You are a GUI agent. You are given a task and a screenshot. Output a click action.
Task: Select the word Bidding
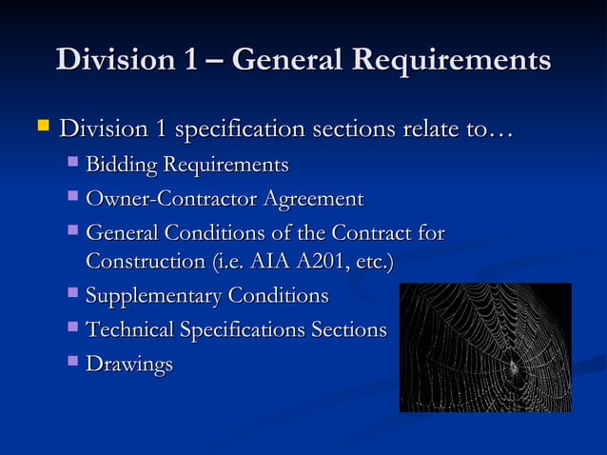point(121,166)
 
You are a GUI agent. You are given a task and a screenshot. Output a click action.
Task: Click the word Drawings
point(129,364)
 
